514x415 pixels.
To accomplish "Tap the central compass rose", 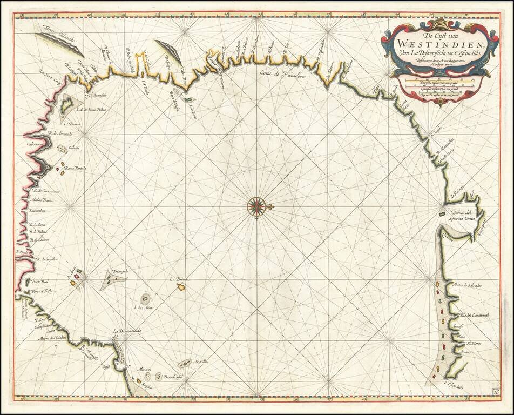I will tap(257, 206).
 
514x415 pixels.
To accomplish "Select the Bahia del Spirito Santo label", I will tap(462, 215).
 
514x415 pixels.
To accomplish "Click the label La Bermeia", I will tap(179, 279).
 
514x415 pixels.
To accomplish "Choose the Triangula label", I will tap(119, 270).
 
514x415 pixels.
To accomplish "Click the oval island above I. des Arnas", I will tap(145, 298).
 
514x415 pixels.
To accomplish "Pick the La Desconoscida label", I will tap(127, 331).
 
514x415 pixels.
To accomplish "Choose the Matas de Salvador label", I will tap(468, 285).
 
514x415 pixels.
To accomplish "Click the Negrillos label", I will tap(202, 361).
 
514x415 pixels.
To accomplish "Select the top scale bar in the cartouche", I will tap(440, 81).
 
